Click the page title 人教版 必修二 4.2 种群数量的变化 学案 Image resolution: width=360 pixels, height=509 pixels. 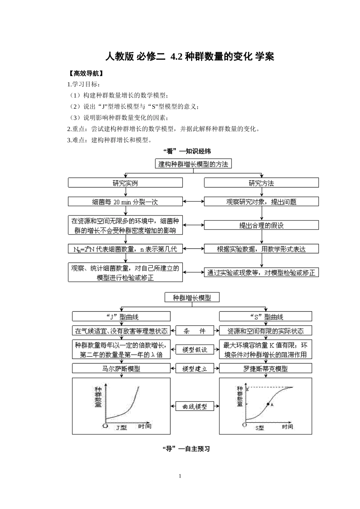[x=189, y=57]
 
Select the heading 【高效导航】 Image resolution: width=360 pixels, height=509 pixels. [x=84, y=73]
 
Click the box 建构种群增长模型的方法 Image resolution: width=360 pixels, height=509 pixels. [x=193, y=164]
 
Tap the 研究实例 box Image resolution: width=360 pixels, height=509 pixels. [x=125, y=183]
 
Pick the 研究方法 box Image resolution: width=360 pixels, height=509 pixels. [x=261, y=183]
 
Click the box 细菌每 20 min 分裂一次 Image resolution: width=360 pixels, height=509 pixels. [x=125, y=201]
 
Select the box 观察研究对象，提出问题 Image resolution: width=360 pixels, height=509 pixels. [x=261, y=201]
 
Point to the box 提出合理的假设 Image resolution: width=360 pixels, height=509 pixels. [x=261, y=225]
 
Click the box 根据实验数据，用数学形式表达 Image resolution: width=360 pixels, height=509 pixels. [x=261, y=249]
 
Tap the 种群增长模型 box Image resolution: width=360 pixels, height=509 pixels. [x=192, y=298]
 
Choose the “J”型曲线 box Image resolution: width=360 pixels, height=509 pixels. [x=121, y=317]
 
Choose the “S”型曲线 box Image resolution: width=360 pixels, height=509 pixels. [x=266, y=317]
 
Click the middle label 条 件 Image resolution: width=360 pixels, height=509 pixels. [x=194, y=331]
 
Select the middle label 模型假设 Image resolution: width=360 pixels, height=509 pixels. [x=194, y=350]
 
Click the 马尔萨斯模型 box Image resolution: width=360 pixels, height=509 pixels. [x=121, y=368]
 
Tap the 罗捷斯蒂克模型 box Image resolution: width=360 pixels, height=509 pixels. [x=266, y=368]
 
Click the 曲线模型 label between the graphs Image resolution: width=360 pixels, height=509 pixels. [x=194, y=406]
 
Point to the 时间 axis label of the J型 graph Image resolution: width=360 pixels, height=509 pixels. [x=144, y=426]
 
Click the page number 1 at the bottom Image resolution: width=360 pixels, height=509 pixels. [x=180, y=476]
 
